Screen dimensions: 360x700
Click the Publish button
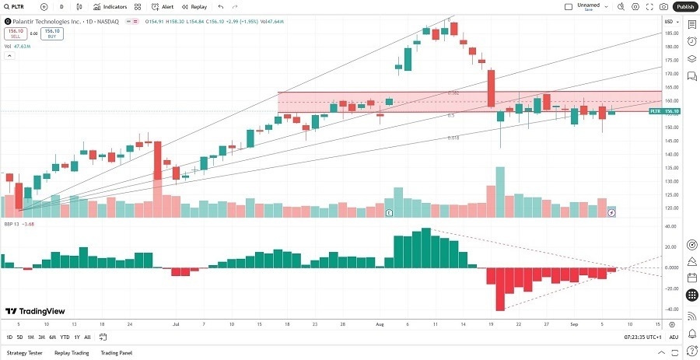click(684, 6)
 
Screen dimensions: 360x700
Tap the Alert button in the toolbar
click(163, 6)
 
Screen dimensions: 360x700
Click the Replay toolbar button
click(194, 6)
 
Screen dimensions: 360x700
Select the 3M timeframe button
click(41, 337)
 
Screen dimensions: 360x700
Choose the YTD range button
click(65, 337)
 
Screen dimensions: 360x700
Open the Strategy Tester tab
click(26, 352)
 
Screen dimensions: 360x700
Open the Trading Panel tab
click(116, 352)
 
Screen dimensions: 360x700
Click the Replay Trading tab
click(71, 352)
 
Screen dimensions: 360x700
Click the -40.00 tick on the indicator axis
click(668, 309)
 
